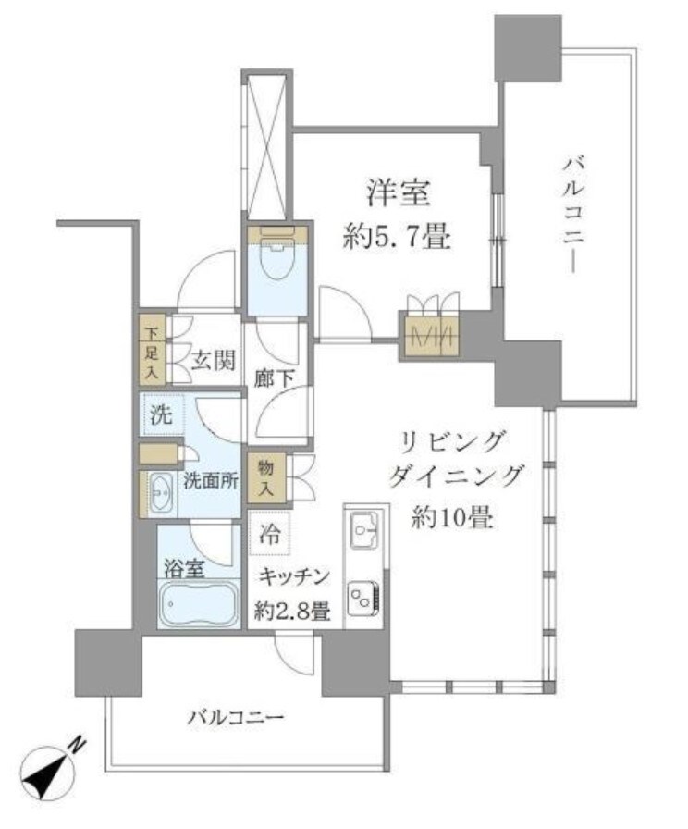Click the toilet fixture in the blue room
pos(276,265)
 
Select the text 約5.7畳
pos(397,239)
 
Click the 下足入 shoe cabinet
pos(152,350)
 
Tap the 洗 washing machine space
pos(162,415)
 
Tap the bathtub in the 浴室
pos(198,608)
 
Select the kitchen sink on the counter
pos(362,532)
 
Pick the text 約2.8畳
pos(291,610)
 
